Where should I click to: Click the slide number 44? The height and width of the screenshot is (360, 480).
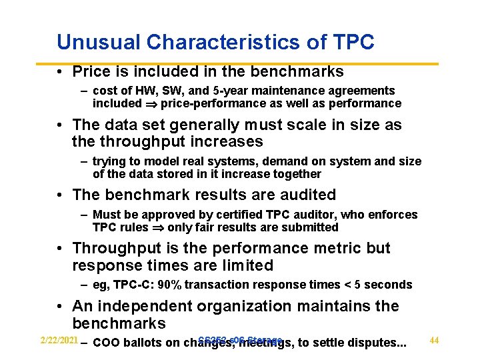tap(434, 341)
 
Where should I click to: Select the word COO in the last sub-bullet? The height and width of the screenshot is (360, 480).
tap(105, 343)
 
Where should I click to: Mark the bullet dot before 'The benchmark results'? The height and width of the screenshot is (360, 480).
tap(61, 195)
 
